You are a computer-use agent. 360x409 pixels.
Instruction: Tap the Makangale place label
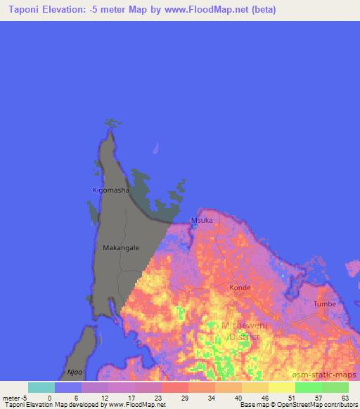point(121,248)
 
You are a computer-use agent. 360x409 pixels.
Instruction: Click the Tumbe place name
point(325,304)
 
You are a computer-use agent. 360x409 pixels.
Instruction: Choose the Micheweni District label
point(240,331)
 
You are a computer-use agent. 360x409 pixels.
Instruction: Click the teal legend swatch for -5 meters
point(41,387)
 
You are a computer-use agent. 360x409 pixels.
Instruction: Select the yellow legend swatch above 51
point(281,387)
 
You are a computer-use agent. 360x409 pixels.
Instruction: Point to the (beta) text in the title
point(261,10)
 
